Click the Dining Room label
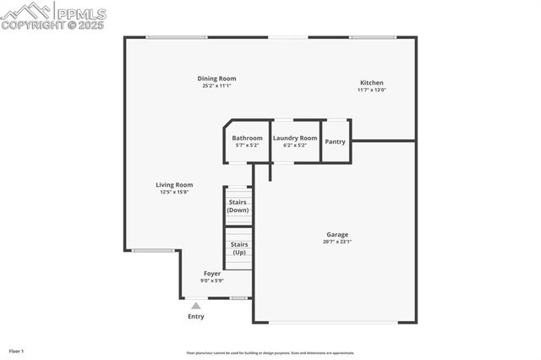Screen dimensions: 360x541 (217, 79)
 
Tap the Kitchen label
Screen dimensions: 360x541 (371, 83)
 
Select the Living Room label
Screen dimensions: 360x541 (174, 185)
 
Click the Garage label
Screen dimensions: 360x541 (337, 235)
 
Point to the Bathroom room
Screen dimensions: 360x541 (248, 141)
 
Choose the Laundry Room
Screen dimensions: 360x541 (295, 141)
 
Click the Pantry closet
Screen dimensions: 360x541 (336, 141)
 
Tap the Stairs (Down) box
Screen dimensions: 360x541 (238, 205)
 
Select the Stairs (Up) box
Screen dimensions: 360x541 (238, 248)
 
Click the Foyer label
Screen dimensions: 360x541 (211, 274)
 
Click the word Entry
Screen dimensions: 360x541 (195, 317)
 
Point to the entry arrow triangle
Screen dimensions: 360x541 (195, 305)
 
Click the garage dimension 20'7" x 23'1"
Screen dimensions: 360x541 (337, 242)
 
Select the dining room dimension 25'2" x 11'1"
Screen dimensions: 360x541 (217, 85)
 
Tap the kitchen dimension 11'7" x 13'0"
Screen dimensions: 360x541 (371, 90)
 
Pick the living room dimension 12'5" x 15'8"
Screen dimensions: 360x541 (174, 192)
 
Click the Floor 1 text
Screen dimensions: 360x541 (16, 351)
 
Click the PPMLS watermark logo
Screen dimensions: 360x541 (54, 15)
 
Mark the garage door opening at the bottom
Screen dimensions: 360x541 (336, 322)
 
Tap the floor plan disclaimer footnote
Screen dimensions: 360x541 (270, 353)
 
